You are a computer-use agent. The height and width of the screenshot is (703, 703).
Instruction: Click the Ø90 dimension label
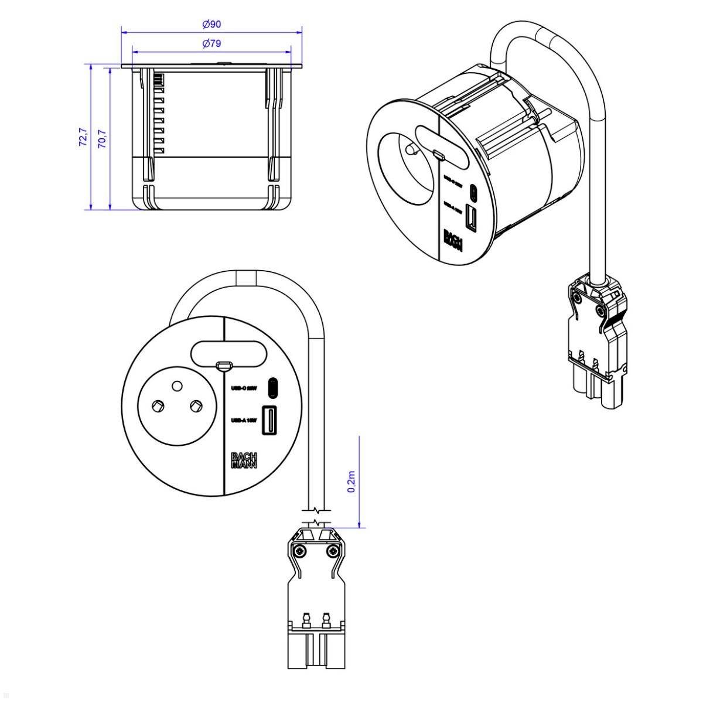pos(211,24)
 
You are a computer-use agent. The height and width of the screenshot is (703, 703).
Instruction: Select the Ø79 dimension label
pos(211,43)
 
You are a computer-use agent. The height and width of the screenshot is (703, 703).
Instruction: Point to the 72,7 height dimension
pos(83,136)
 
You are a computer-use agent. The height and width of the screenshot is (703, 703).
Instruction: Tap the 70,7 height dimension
pos(101,138)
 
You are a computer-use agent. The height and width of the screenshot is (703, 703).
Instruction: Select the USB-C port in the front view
pos(272,387)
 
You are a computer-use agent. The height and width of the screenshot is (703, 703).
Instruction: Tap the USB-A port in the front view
pos(270,420)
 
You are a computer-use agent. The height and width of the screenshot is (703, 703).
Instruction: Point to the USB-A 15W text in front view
pos(244,420)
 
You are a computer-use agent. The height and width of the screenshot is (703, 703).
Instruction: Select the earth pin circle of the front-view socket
pos(175,385)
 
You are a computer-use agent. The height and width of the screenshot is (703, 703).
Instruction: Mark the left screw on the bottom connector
pos(299,550)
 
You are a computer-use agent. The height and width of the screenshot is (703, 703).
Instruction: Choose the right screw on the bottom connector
pos(333,550)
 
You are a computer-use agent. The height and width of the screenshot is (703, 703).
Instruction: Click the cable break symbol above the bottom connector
pos(316,514)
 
